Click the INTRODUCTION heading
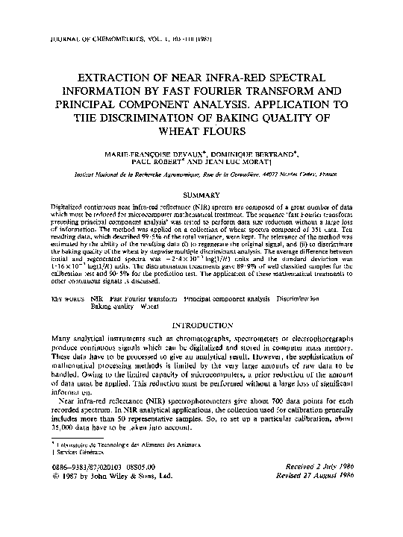point(201,326)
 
